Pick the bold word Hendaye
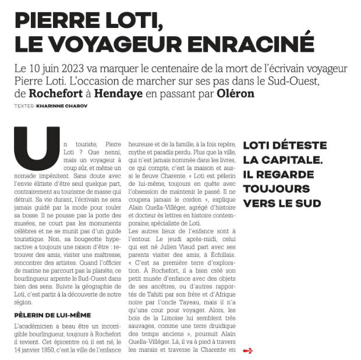(118, 93)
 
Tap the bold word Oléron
(235, 93)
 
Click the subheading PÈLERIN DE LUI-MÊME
(52, 315)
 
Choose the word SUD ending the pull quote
(308, 203)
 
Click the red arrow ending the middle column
(248, 351)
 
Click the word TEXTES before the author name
(24, 106)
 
